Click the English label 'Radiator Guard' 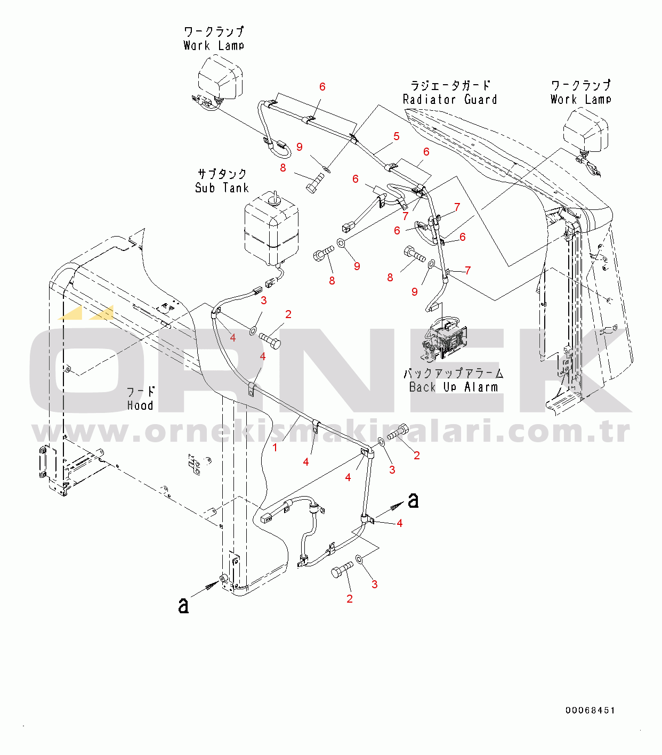pos(449,100)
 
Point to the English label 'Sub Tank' pos(222,188)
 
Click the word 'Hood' pos(140,405)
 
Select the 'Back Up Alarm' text pos(453,387)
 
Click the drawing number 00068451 pos(590,710)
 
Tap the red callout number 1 pos(275,448)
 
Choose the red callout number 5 pos(396,136)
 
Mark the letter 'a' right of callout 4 pos(413,500)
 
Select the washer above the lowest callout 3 pos(360,559)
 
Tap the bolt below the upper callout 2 pos(270,339)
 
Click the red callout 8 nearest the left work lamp pos(282,168)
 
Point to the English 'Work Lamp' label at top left pos(214,46)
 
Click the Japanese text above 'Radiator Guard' pos(450,85)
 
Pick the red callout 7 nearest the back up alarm pos(467,270)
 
